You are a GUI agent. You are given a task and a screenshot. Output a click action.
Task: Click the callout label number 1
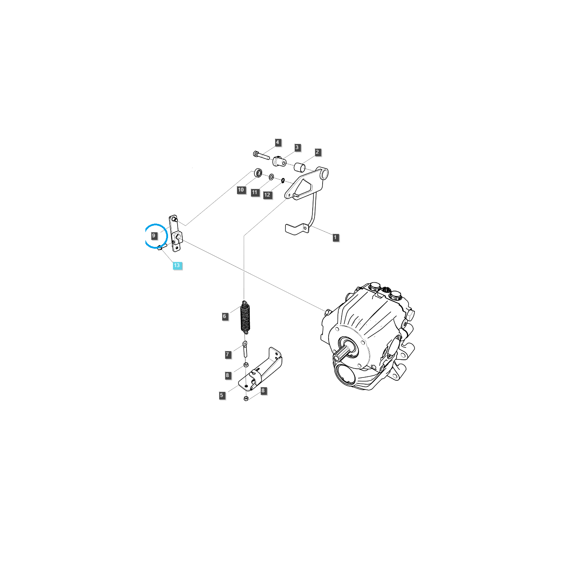click(x=335, y=237)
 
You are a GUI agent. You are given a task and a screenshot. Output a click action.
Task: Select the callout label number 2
click(x=317, y=152)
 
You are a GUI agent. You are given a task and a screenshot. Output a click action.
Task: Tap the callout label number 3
click(x=297, y=147)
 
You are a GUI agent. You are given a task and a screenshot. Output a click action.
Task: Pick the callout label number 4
click(x=277, y=142)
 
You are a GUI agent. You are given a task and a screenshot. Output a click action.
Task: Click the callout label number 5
click(x=222, y=395)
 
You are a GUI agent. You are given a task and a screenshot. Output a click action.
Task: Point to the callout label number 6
click(x=224, y=316)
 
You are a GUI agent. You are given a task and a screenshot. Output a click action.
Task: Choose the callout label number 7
click(x=227, y=354)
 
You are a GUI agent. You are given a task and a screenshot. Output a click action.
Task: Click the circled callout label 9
click(x=154, y=236)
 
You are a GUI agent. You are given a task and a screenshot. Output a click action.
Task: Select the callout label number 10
click(x=241, y=190)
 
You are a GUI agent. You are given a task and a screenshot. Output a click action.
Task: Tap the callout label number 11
click(x=255, y=192)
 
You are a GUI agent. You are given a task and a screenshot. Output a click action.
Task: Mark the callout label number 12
click(x=267, y=195)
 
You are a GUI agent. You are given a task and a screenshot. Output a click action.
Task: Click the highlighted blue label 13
click(x=177, y=265)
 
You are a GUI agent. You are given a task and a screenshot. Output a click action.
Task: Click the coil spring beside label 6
click(x=245, y=317)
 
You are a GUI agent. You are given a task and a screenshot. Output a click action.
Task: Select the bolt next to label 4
click(x=261, y=155)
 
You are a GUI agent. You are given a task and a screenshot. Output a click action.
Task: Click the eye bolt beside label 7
click(x=245, y=349)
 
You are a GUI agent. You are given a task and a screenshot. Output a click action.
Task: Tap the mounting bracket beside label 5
click(x=261, y=370)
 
